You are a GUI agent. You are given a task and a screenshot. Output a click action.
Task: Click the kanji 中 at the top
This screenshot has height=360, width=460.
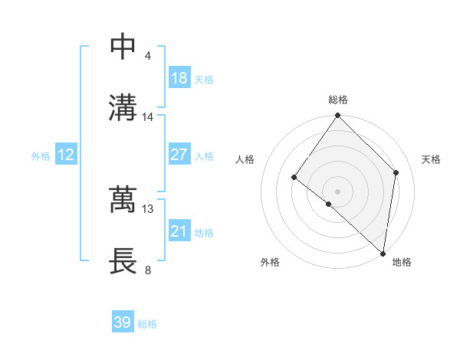[124, 47]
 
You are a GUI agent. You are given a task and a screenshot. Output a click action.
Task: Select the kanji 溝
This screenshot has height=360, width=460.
[124, 107]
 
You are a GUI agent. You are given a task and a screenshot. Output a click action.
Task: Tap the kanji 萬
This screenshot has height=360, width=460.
[124, 200]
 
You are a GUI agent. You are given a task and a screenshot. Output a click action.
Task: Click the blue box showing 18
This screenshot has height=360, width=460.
[179, 78]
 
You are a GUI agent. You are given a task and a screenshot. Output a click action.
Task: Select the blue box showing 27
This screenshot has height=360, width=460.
[179, 155]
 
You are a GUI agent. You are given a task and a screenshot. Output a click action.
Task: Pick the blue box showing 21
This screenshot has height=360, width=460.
[179, 231]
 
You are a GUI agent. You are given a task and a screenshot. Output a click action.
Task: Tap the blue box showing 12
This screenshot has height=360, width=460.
[65, 155]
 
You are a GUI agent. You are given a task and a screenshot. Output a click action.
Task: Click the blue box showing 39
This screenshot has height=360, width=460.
[122, 322]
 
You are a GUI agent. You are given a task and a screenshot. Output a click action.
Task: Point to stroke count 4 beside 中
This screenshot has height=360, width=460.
[147, 56]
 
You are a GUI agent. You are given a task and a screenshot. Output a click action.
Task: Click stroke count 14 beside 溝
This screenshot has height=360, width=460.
[148, 117]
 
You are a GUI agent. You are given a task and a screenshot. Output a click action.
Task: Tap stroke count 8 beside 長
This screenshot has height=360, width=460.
[147, 270]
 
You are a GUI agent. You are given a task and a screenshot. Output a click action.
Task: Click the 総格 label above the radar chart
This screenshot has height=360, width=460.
[338, 100]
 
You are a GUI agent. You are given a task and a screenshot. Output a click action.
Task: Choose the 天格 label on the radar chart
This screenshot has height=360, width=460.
[431, 159]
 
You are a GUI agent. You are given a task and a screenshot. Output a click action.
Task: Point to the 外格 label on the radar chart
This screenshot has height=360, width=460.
[270, 262]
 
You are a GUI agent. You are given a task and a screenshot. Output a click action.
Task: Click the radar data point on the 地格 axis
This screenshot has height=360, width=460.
[383, 253]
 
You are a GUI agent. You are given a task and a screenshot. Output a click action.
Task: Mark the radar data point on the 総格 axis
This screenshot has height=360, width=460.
[338, 116]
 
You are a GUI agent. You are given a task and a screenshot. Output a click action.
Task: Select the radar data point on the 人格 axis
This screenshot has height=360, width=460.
[294, 178]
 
